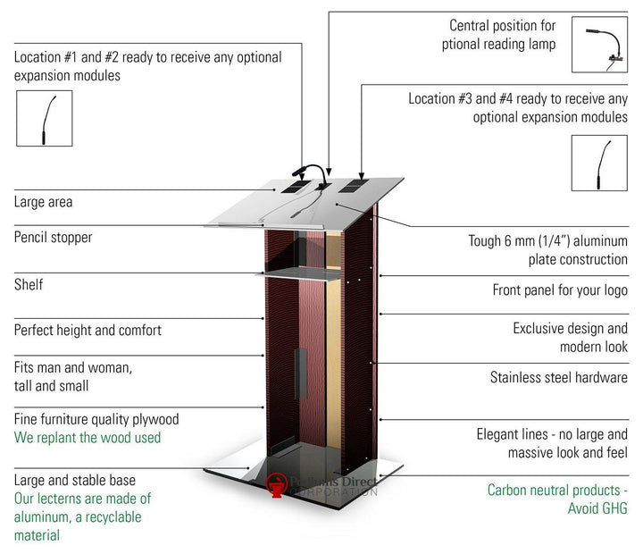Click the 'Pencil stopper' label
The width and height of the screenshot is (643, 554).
coord(53,238)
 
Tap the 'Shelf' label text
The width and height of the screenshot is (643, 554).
coord(29,285)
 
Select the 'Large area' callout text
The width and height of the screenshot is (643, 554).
coord(43,202)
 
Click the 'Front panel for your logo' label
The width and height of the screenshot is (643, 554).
coord(560,290)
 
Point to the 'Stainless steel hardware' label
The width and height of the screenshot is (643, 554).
coord(558,377)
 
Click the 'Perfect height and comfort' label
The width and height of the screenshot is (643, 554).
coord(88,330)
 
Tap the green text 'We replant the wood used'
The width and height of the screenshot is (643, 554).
coord(88,438)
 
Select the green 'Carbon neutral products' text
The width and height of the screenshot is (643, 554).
coord(557,490)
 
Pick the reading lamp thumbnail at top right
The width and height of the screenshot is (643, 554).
coord(599,45)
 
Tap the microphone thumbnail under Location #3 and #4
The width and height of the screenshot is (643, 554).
coord(599,163)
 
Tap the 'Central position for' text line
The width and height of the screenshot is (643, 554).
coord(502,25)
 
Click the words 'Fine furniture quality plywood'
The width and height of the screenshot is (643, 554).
coord(96,419)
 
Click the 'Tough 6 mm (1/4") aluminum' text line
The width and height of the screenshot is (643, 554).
coord(547,241)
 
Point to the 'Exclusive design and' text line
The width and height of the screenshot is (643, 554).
coord(570,329)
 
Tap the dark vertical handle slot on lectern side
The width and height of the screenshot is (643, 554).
coord(298,374)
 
